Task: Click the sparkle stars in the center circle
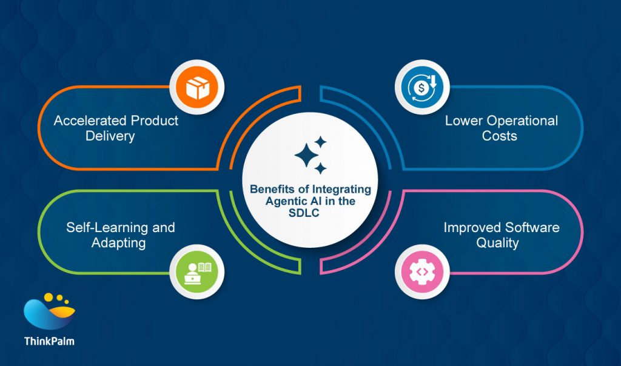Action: [310, 155]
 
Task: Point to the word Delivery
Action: [110, 136]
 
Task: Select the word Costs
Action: [500, 136]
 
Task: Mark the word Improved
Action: [472, 228]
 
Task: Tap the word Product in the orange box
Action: [150, 121]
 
